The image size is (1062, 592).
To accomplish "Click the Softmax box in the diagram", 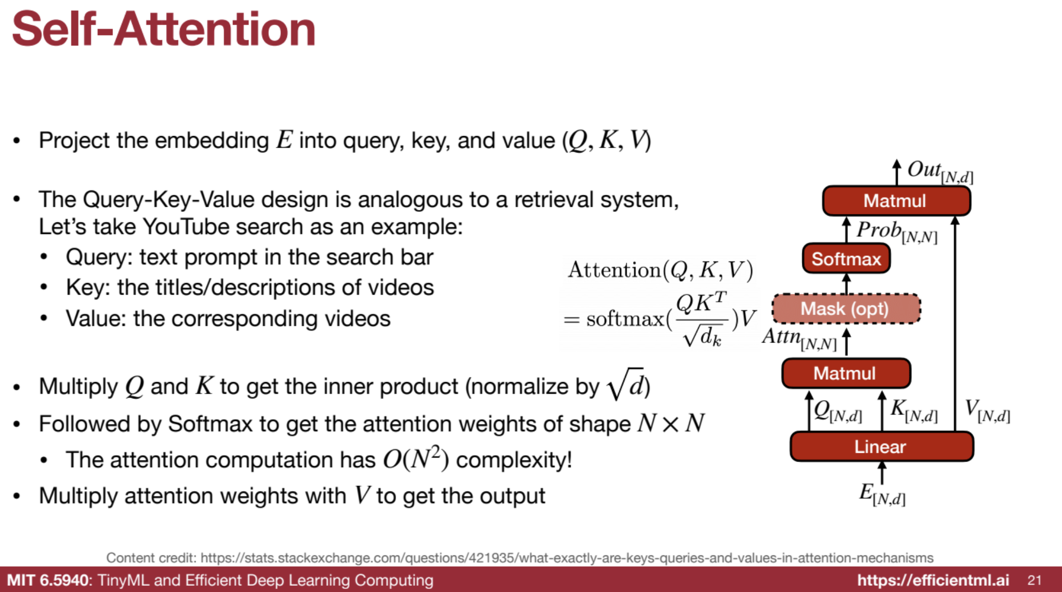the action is (846, 258).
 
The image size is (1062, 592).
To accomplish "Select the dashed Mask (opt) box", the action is (846, 308).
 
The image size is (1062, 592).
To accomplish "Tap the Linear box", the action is (882, 447).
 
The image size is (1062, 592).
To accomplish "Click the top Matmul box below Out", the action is (896, 201).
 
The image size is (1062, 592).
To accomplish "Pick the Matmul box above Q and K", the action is (846, 373).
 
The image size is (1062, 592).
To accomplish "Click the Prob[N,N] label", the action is (897, 232).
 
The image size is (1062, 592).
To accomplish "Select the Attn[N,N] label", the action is (799, 339).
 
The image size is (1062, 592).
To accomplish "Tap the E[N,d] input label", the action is (882, 494).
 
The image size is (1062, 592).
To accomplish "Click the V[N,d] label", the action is (987, 411).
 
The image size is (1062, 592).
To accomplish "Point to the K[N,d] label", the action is (914, 411).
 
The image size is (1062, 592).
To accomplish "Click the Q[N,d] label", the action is (838, 411).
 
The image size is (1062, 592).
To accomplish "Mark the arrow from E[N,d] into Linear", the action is (882, 472).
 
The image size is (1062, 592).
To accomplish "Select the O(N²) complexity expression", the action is (416, 458).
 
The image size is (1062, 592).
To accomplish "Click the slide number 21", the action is (1035, 580).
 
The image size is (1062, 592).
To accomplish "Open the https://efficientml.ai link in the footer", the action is (933, 580).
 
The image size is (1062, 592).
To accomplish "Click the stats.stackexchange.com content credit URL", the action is (567, 558).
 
